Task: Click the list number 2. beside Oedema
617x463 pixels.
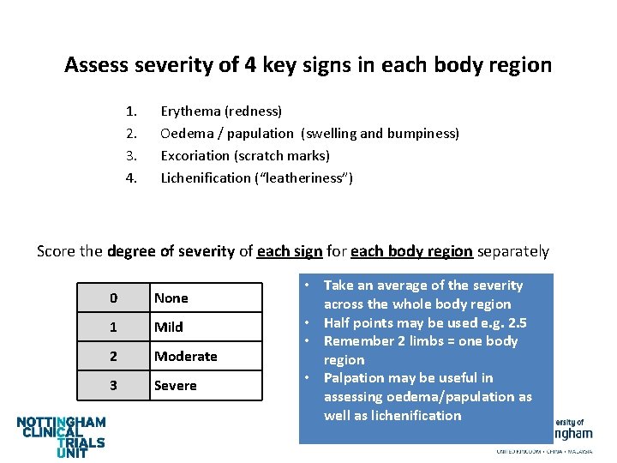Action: [x=131, y=134]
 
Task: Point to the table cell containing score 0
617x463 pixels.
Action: [x=113, y=298]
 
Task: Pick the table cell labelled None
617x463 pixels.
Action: [x=206, y=298]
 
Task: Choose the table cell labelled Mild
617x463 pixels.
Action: [x=206, y=328]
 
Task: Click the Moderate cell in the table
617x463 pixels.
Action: [x=206, y=357]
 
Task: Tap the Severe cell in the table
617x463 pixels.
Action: [x=206, y=386]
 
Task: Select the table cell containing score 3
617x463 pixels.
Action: [x=113, y=386]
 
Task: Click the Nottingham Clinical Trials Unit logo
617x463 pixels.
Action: [x=62, y=436]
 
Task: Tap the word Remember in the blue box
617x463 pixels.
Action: [x=361, y=341]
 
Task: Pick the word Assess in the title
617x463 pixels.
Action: [x=97, y=65]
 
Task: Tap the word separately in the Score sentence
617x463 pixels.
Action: [x=512, y=252]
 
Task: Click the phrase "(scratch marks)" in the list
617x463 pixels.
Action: [x=289, y=156]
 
